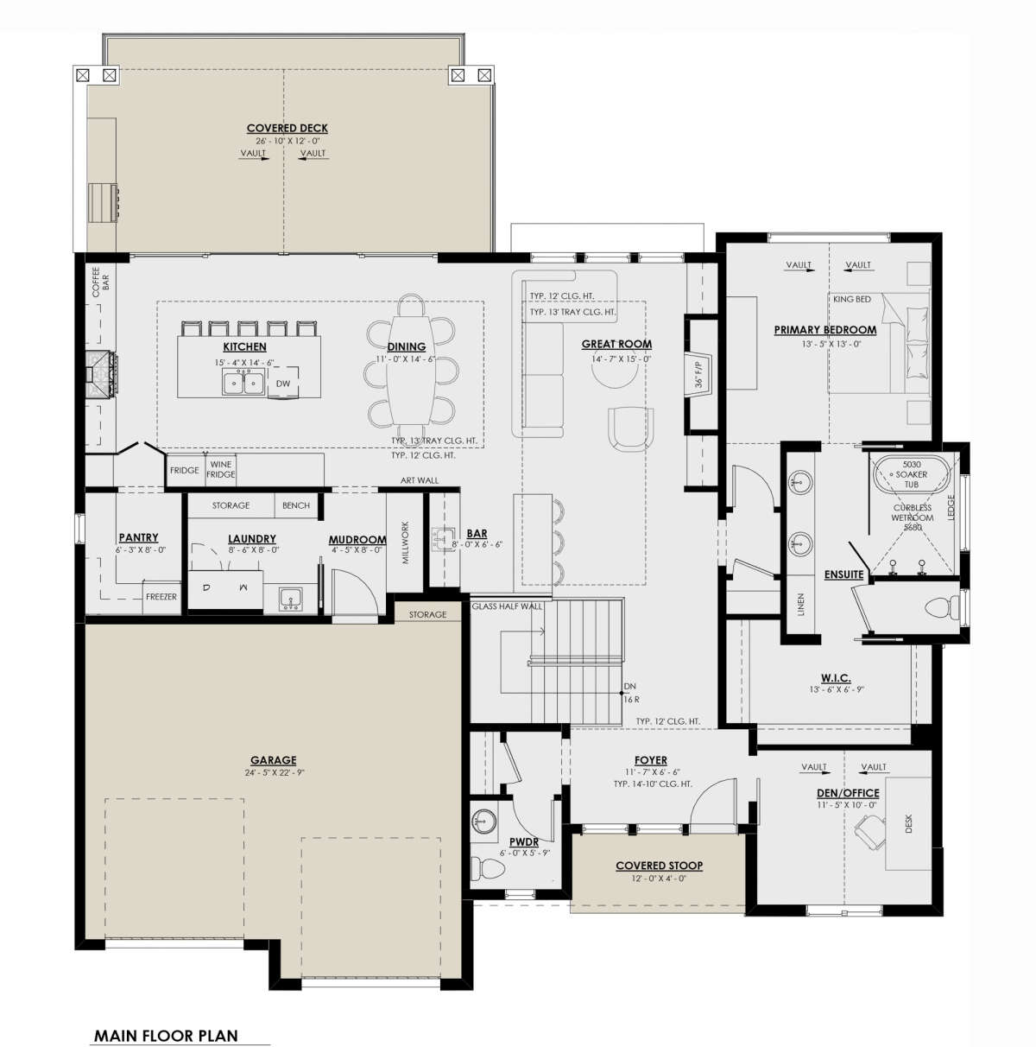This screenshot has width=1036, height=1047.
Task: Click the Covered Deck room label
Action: pos(287,128)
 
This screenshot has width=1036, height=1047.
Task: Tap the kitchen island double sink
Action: pos(243,383)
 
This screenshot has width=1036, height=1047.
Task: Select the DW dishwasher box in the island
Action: pos(283,383)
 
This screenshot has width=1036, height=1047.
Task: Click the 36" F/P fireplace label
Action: pos(699,375)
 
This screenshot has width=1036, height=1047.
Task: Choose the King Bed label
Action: pos(851,300)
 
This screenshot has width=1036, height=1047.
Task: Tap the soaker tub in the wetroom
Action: pos(912,473)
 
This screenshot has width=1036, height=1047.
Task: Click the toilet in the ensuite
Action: pos(943,607)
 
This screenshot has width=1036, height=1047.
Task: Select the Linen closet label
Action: pos(801,605)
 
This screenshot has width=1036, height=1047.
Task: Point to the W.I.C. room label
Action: pos(836,677)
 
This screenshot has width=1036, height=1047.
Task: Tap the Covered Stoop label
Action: pos(659,866)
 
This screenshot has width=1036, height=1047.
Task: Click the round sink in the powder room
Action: pos(483,821)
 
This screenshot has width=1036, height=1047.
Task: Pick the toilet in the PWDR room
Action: pos(486,867)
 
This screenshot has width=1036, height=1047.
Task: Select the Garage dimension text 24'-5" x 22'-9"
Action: pos(275,772)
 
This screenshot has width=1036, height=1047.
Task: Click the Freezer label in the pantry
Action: pos(161,597)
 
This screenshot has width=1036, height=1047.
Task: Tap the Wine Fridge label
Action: pos(220,469)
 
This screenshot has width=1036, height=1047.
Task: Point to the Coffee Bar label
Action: pos(100,282)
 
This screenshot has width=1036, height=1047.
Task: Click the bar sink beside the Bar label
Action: pos(443,540)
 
